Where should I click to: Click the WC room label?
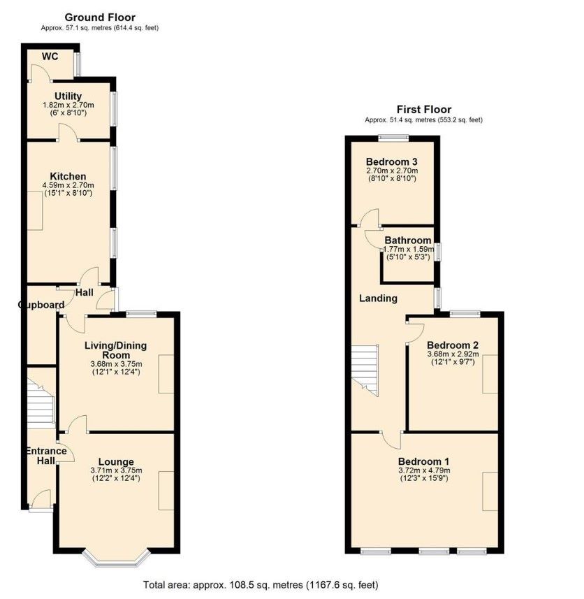[50, 57]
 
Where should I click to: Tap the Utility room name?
[68, 96]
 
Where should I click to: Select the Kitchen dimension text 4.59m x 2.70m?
[68, 185]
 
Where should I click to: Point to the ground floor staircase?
[41, 403]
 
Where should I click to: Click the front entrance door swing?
[41, 498]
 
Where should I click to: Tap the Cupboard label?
[41, 305]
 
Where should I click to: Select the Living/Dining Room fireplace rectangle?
[166, 374]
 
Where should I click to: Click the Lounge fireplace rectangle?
[166, 491]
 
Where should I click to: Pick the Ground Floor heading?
[100, 17]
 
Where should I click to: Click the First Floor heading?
[424, 109]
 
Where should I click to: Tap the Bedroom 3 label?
[392, 161]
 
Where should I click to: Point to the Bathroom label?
[408, 240]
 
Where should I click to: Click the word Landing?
[378, 298]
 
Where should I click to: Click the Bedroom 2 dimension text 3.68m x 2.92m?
[453, 354]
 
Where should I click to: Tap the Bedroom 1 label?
[424, 461]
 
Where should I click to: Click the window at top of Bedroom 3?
[393, 138]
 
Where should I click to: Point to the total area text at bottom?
[261, 584]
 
